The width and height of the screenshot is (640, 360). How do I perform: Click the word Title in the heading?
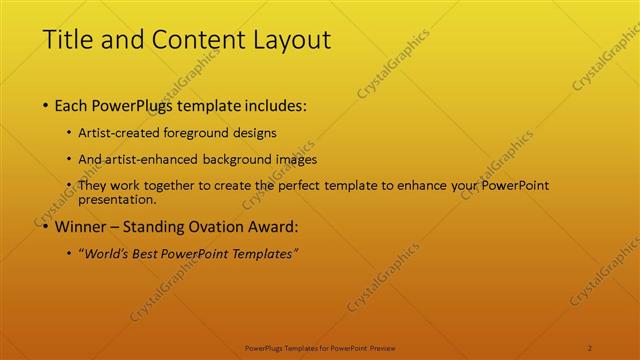point(66,41)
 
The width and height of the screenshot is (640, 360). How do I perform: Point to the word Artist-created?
point(121,133)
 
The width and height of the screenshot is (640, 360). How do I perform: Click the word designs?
point(253,133)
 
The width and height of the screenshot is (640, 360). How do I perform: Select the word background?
point(227,159)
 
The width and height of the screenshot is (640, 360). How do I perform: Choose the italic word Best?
point(146,254)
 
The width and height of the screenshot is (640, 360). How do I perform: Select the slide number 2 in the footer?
point(590,348)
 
